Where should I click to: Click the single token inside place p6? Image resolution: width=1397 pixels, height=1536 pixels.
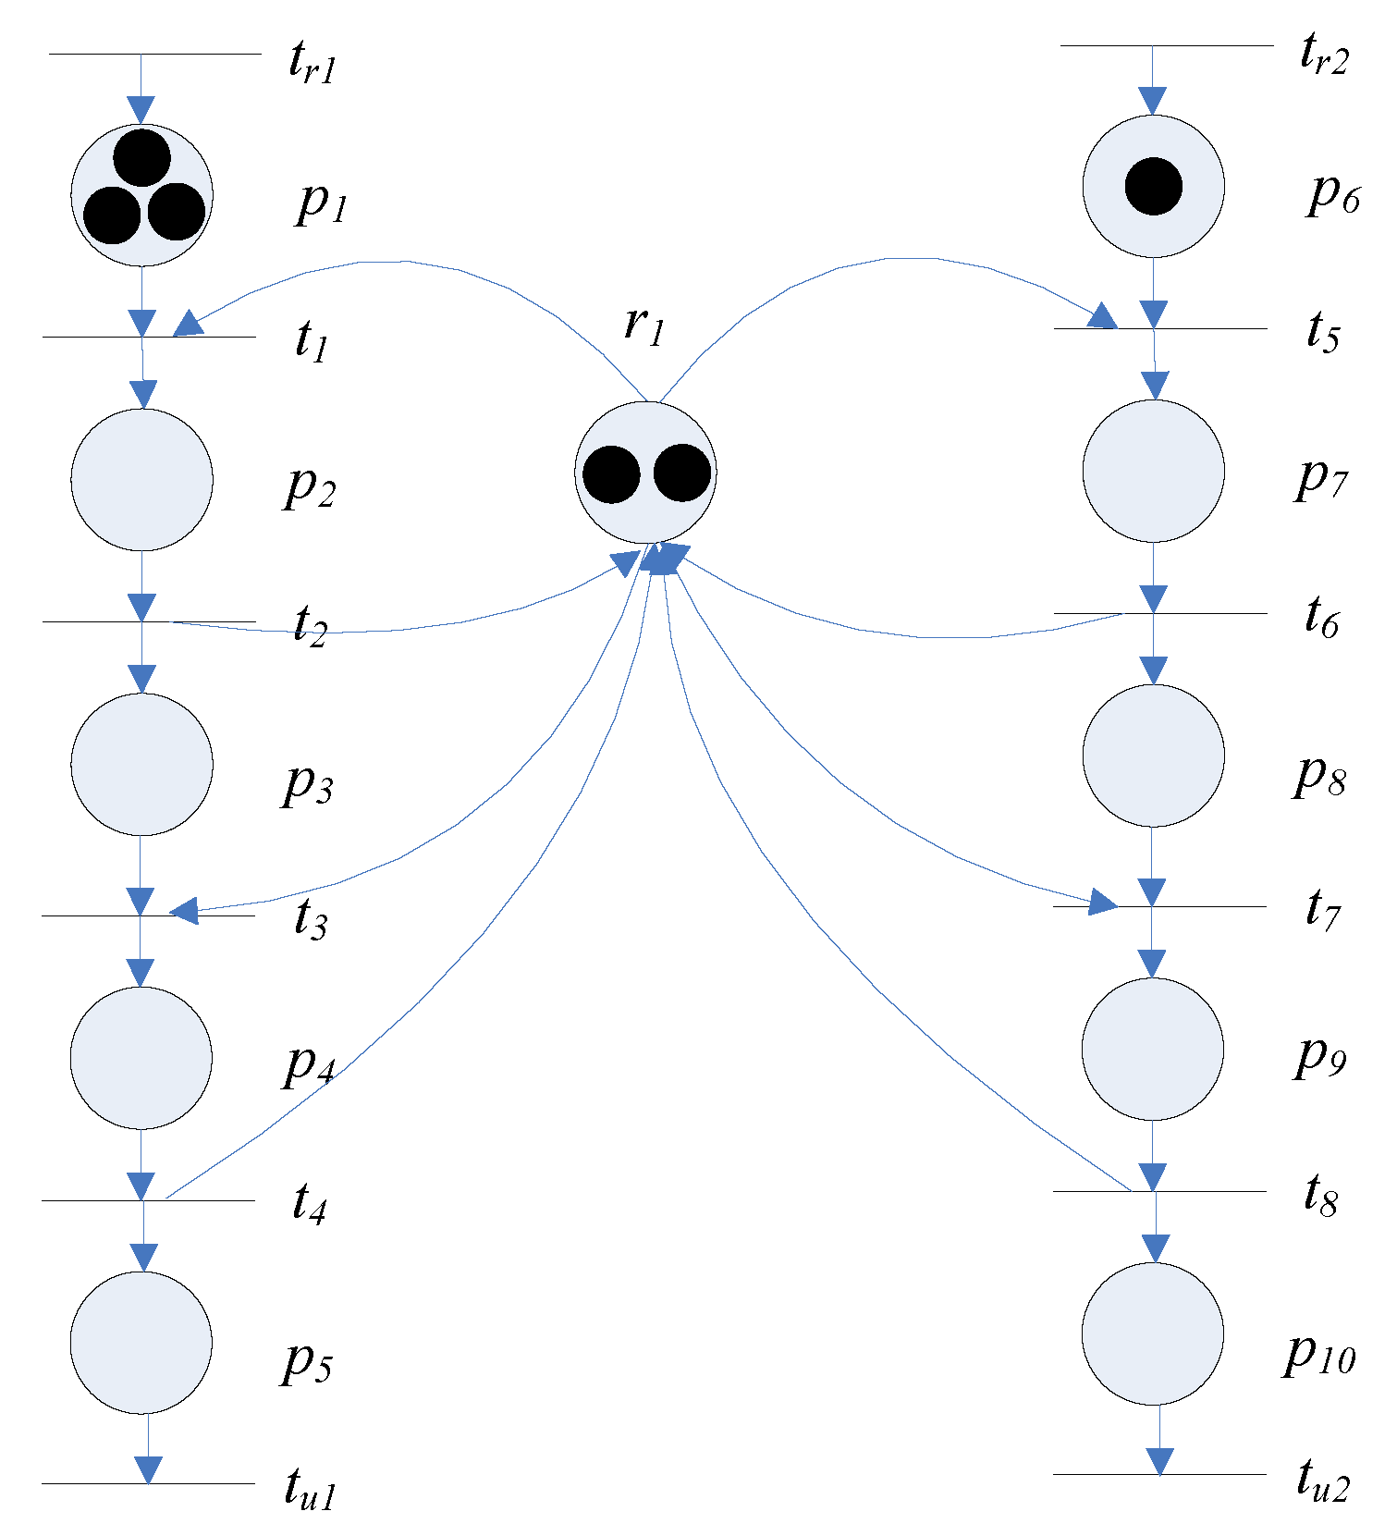(1153, 186)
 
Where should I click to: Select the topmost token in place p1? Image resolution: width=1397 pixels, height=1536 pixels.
(142, 157)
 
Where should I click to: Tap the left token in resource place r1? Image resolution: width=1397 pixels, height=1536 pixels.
(611, 474)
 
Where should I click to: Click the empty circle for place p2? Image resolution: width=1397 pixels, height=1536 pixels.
(142, 479)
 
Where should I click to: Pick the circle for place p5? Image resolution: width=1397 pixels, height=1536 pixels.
(141, 1342)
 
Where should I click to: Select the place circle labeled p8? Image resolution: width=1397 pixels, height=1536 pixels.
(1153, 755)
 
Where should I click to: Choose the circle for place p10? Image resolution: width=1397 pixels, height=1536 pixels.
(1153, 1333)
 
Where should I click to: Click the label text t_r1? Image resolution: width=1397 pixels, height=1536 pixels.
(312, 64)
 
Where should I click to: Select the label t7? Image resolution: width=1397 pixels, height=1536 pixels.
(1322, 908)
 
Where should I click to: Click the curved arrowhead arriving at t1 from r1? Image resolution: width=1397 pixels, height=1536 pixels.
(189, 324)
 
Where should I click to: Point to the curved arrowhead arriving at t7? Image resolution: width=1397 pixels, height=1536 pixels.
(1102, 901)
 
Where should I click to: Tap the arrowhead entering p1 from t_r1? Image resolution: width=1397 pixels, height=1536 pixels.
(141, 110)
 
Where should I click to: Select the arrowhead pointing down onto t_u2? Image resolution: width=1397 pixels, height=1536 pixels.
(1159, 1461)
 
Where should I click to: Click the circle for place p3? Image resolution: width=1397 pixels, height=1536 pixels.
(142, 764)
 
